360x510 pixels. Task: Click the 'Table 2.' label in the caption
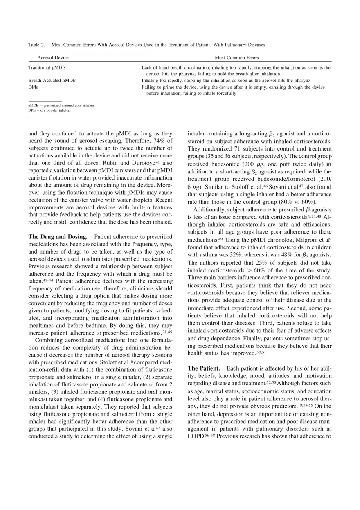[36, 45]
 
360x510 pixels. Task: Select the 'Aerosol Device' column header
[53, 58]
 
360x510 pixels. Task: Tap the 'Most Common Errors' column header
[236, 58]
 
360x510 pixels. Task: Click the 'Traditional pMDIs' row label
[47, 67]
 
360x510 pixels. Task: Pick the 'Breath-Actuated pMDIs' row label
[52, 81]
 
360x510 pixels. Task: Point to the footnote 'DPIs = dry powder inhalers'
[49, 110]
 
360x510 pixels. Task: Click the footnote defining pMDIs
[61, 106]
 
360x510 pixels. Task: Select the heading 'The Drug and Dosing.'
[58, 237]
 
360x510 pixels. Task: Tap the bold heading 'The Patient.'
[204, 368]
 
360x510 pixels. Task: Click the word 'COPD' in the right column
[196, 436]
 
